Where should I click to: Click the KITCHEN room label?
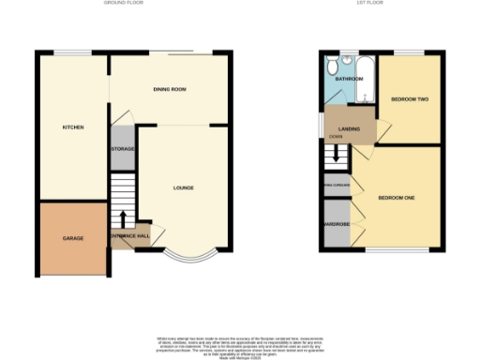coord(73,127)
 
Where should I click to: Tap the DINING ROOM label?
coord(171,89)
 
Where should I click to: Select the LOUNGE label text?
coord(183,187)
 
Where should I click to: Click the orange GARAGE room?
coord(73,238)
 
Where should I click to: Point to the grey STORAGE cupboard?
coord(123,150)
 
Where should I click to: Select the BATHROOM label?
coord(349,80)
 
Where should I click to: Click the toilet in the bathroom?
coord(331,66)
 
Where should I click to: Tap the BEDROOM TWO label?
coord(408,97)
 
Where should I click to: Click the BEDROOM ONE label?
coord(396,198)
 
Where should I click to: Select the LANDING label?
coord(351,129)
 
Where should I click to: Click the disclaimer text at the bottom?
coord(239,343)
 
